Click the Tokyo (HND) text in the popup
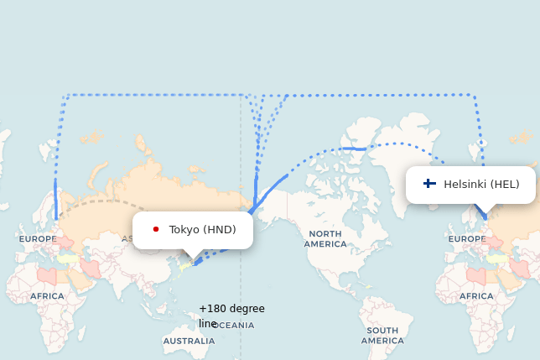click(202, 230)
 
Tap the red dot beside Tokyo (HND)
click(156, 229)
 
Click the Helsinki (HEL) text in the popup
click(481, 185)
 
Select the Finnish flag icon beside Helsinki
click(429, 184)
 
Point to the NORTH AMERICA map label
click(325, 238)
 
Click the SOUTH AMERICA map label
click(382, 336)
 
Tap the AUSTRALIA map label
click(189, 342)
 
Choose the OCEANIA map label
click(235, 325)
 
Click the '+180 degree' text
click(231, 309)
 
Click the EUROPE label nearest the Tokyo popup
click(38, 239)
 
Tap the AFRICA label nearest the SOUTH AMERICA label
click(476, 296)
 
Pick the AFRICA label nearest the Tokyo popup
click(47, 296)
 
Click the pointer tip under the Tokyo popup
click(193, 259)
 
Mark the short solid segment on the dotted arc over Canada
click(353, 149)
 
